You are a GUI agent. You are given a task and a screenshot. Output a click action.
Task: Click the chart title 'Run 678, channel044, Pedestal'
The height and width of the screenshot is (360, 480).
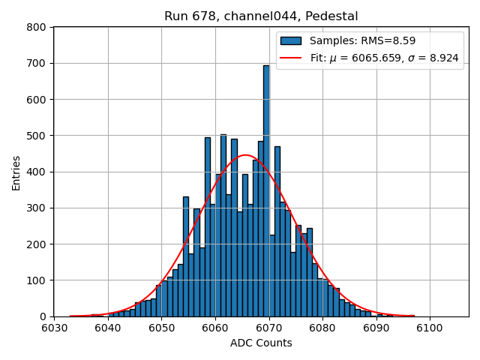point(261,16)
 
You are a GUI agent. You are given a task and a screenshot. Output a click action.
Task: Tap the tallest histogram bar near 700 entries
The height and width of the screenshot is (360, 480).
point(266,187)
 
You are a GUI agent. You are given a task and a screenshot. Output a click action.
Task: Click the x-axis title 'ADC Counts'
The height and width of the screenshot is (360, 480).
point(261,343)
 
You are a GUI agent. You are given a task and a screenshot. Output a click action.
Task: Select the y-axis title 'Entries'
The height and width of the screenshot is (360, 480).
point(16,172)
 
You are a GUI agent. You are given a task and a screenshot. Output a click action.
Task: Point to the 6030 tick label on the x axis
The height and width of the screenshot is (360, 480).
point(54,328)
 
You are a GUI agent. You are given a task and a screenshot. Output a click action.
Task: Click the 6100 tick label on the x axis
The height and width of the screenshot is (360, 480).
point(429,328)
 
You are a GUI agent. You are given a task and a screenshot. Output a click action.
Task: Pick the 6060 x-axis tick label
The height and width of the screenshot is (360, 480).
point(214,328)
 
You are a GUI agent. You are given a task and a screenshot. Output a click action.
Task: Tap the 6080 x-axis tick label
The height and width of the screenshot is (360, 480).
point(322,328)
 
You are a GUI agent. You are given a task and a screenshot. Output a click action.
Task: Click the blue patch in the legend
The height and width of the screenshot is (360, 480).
point(291,40)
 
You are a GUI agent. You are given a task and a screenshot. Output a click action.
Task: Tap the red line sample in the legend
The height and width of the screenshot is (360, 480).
point(291,58)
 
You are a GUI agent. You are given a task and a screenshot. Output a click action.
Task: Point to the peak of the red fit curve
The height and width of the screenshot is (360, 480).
point(245,155)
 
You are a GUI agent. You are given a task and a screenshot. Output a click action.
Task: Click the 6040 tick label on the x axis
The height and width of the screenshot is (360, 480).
point(107,328)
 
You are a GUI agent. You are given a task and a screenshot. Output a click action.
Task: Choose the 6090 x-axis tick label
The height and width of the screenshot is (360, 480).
point(375,328)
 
